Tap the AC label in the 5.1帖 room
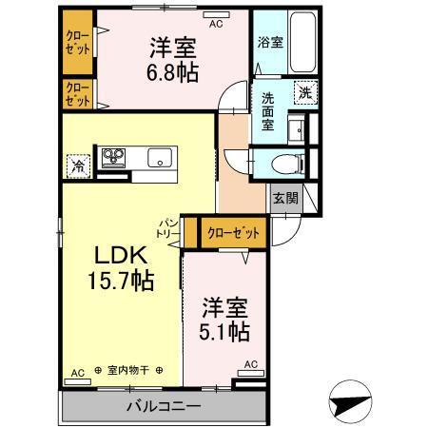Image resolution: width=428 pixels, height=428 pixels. [250, 364]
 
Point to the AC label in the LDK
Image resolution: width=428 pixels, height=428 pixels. [75, 372]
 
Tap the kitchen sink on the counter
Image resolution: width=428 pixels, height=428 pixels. [158, 159]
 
